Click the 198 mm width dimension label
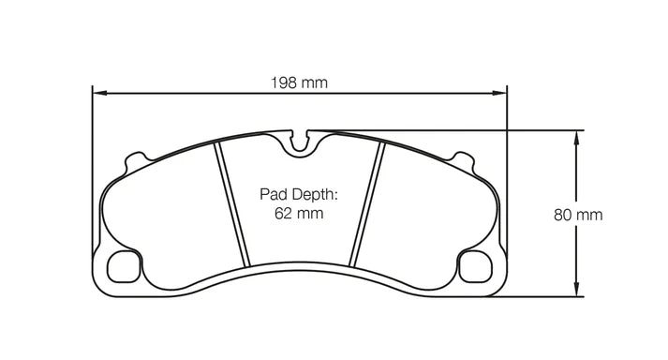coord(301,82)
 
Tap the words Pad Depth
coord(298,196)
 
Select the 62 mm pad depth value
coord(298,214)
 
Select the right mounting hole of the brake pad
coord(475,266)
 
